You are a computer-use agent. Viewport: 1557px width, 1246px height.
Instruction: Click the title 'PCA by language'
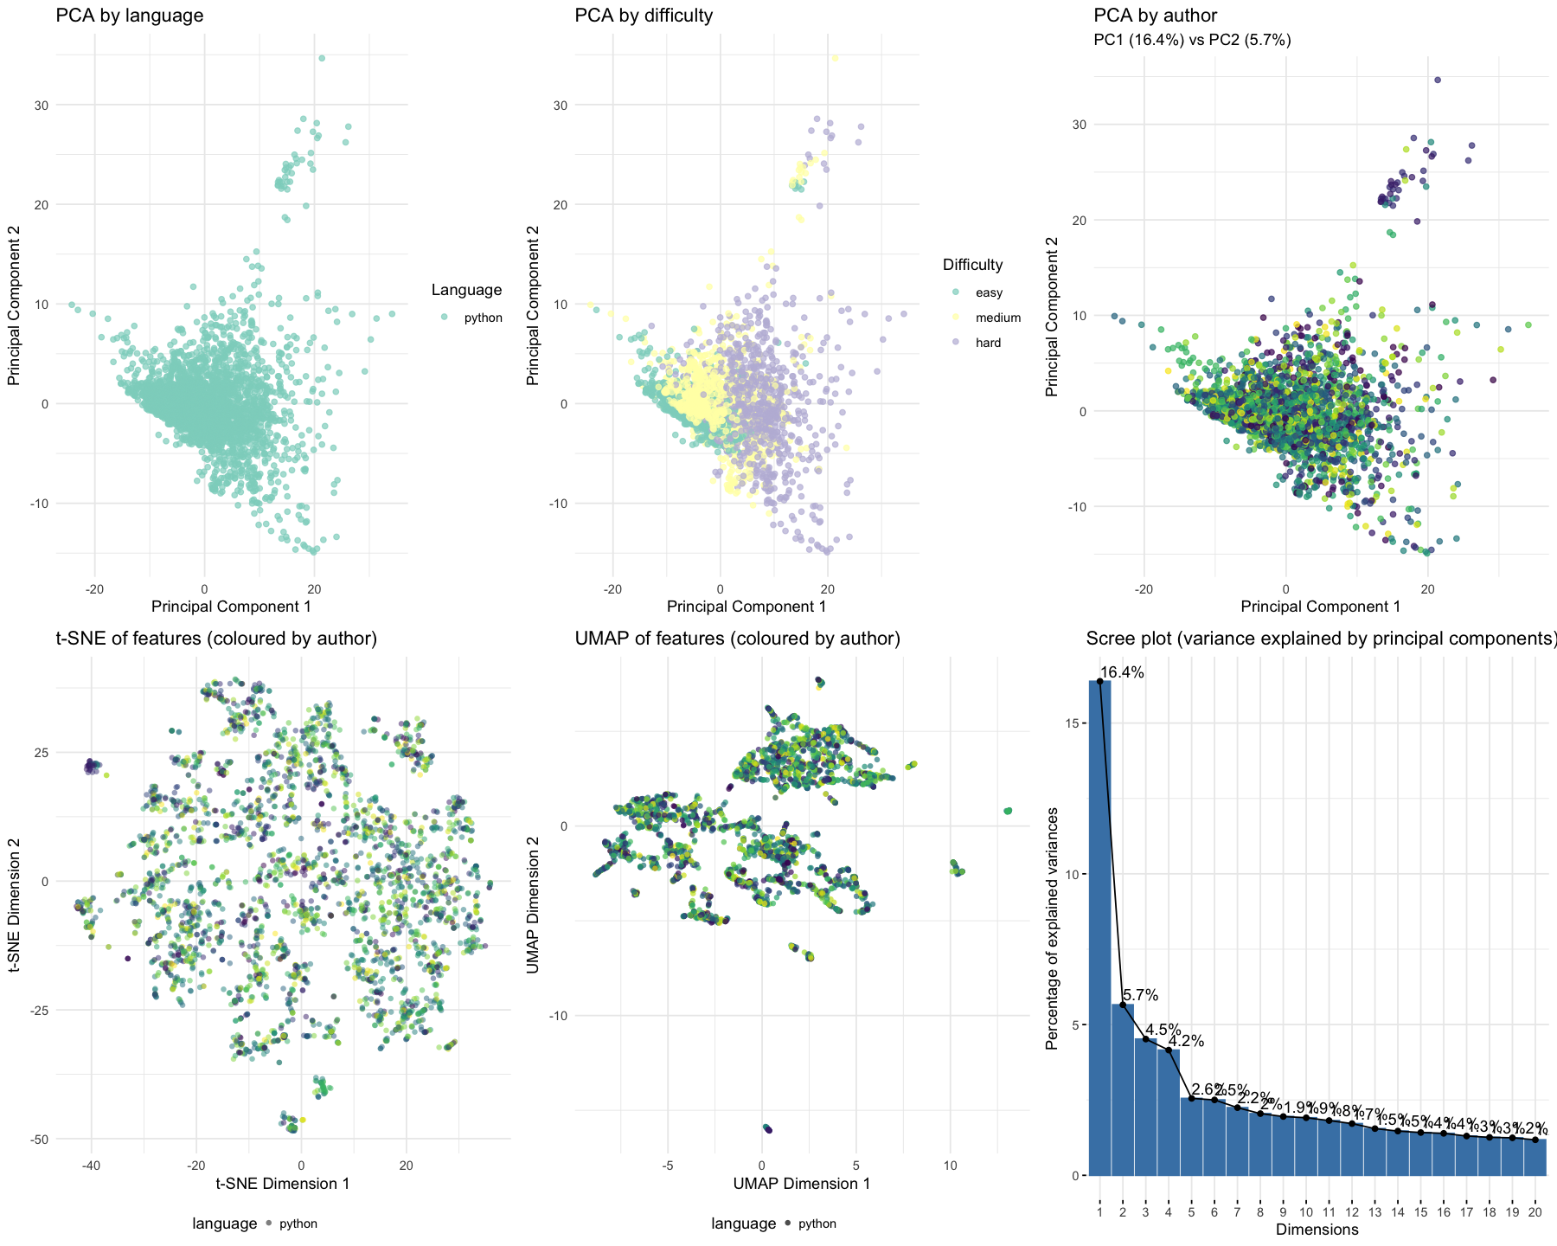130,15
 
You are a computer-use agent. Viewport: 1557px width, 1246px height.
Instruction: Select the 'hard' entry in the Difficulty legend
988,343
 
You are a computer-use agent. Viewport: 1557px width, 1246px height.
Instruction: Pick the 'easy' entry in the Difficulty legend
989,293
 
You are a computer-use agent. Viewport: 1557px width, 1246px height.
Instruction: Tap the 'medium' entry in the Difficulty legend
997,318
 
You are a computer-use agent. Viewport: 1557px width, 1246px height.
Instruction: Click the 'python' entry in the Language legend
483,318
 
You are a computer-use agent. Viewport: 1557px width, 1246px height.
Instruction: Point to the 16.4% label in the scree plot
1123,672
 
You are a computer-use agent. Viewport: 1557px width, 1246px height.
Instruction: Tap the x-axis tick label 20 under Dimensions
1535,1212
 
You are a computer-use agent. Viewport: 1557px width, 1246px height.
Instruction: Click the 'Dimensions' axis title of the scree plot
1317,1229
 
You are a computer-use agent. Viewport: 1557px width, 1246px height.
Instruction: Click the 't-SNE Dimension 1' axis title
283,1183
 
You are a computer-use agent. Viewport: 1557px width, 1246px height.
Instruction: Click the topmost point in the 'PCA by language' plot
322,58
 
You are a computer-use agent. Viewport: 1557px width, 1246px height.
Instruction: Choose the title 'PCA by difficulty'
644,15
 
